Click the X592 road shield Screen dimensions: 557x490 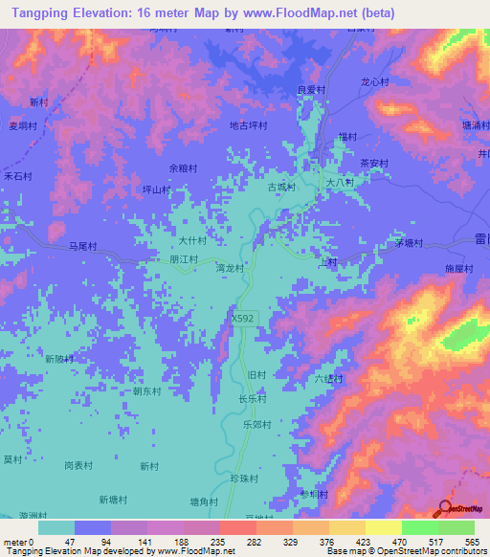pos(243,315)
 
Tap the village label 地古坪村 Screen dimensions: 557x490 pos(248,125)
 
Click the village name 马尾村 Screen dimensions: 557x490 pos(84,246)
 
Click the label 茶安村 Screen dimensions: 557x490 pos(373,163)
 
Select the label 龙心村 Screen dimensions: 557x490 pos(374,82)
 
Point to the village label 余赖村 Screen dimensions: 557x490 pos(184,167)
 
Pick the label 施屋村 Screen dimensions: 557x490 pos(459,270)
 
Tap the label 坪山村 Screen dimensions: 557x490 pos(156,189)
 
